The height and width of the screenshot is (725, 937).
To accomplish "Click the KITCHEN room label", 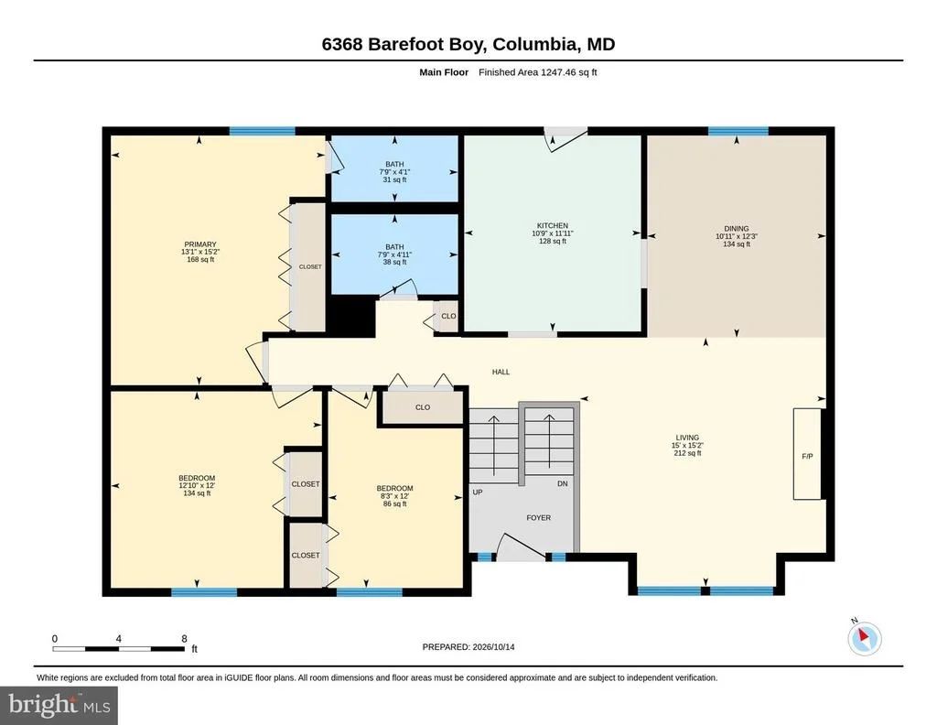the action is tap(552, 226).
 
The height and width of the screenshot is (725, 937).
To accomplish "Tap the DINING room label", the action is tap(737, 228).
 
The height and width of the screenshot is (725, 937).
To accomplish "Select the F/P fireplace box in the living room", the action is tap(807, 454).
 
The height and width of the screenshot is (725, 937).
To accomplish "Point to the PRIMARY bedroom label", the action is tap(200, 244).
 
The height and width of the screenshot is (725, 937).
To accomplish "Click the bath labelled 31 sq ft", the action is tap(394, 171).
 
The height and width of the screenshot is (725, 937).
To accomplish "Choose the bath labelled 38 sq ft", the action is tap(394, 254).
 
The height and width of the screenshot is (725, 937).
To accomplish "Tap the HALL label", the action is tap(501, 372).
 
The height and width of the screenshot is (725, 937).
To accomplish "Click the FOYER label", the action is tap(538, 517).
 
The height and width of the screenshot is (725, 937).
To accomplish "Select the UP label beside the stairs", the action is tap(478, 492).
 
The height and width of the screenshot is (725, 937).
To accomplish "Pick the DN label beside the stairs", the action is tap(563, 483).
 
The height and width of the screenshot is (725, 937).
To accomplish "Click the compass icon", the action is tap(865, 639).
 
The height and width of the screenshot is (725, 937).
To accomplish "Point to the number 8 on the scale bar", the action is tap(184, 639).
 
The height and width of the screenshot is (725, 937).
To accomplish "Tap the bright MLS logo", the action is tap(59, 705).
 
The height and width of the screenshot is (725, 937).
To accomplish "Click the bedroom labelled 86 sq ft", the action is tap(394, 495).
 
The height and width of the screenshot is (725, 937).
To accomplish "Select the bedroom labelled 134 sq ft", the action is tap(197, 485).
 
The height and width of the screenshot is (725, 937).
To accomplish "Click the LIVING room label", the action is tap(687, 438).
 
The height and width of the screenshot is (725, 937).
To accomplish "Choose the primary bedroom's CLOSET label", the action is tap(310, 266).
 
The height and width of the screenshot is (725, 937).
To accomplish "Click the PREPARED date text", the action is tap(468, 646).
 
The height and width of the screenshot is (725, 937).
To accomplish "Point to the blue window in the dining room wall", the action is tap(738, 131).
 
